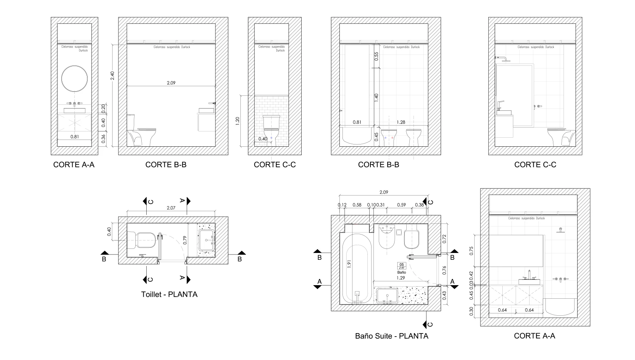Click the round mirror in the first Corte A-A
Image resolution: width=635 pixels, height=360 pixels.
[74, 79]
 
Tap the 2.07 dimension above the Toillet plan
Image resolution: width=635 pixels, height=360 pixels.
[171, 208]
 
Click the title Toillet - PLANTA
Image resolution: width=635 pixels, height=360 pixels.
[169, 294]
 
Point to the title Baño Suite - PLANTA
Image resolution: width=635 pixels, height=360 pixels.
[392, 336]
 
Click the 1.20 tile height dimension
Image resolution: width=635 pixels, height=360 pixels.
[237, 121]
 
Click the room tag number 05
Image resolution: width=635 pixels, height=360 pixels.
[401, 264]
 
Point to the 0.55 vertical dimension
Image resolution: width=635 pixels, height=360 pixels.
[376, 56]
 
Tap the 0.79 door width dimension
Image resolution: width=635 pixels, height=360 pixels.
[185, 240]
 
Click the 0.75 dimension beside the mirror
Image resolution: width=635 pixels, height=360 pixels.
[471, 251]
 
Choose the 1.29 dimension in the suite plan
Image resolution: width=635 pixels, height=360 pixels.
[401, 278]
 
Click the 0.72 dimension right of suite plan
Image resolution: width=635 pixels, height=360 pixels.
[444, 239]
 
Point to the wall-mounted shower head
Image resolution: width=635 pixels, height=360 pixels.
[502, 59]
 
